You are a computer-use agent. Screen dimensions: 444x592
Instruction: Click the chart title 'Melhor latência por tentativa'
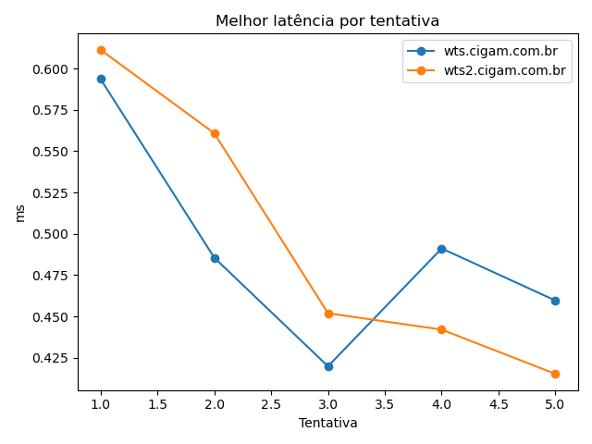point(327,20)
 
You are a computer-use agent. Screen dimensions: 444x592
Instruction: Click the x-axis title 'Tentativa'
point(327,423)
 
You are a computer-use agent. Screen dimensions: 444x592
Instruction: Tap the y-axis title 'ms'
point(19,213)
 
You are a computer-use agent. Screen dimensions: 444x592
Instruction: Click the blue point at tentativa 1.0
point(101,79)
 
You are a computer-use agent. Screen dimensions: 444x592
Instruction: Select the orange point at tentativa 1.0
point(101,50)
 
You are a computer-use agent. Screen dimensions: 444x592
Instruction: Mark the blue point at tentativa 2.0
point(215,258)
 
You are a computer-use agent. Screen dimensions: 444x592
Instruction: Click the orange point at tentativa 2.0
point(215,133)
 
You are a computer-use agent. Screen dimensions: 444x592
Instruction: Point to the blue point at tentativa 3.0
point(328,366)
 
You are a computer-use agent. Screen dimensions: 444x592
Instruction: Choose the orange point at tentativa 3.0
point(328,314)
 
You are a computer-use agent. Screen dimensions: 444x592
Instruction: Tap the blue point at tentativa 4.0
point(441,249)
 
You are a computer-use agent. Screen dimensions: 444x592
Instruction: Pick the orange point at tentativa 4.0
point(441,329)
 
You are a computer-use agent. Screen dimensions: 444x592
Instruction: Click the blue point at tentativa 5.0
point(555,301)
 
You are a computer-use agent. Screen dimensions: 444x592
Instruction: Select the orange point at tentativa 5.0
point(555,374)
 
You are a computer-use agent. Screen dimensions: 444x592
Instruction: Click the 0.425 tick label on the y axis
point(51,358)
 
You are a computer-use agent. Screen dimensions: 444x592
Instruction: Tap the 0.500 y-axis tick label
point(51,234)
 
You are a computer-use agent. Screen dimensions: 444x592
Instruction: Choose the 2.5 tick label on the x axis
point(271,404)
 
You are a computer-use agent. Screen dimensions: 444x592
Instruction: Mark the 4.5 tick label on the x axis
point(499,404)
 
